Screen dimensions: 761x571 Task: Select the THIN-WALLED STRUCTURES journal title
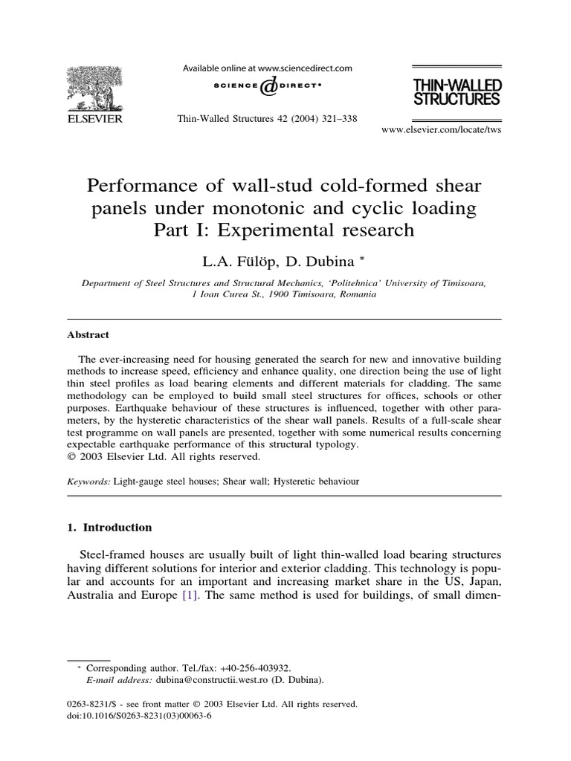457,91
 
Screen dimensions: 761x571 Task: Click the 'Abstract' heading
88,334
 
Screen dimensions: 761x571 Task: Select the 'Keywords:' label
89,482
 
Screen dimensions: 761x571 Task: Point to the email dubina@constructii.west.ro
212,679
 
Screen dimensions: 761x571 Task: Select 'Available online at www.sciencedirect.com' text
268,68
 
